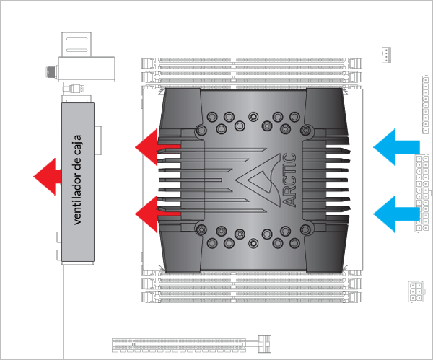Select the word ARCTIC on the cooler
pos(289,178)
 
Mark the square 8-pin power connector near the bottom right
pos(416,291)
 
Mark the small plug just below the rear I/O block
pos(78,89)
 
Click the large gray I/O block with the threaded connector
pos(87,70)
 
